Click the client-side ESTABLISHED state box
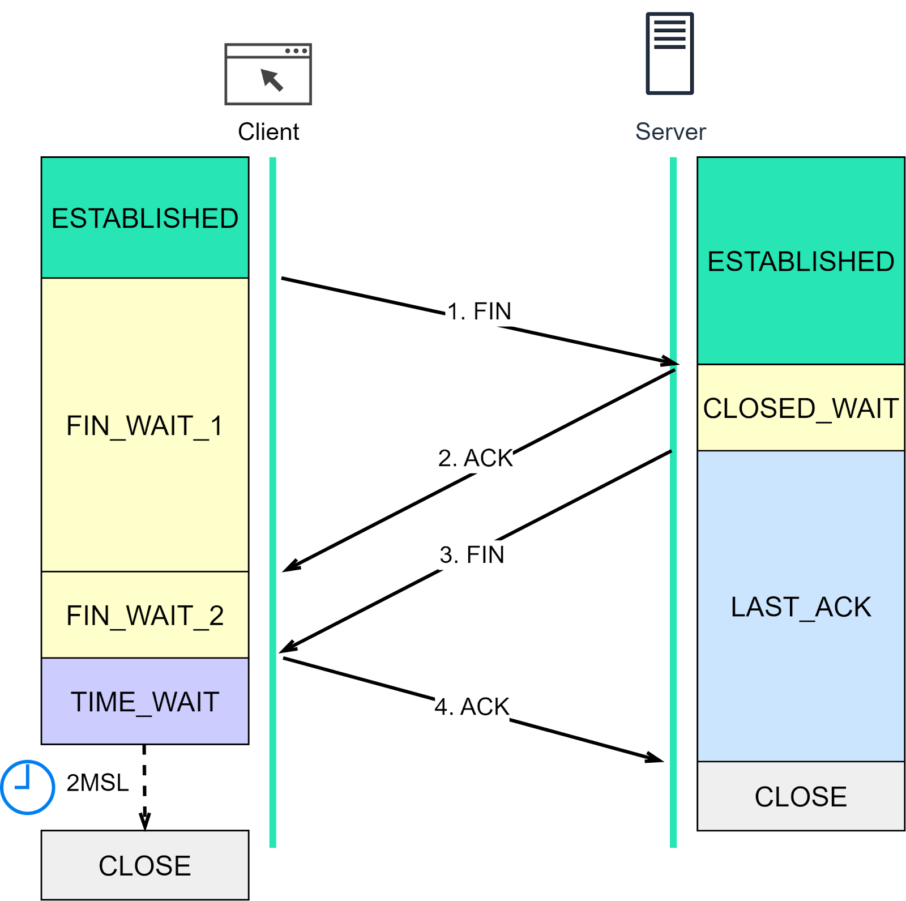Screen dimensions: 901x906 click(x=145, y=218)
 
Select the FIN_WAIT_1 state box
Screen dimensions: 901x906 click(x=145, y=425)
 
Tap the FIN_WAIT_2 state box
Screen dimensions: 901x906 click(x=145, y=615)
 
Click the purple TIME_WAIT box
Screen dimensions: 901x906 click(x=145, y=701)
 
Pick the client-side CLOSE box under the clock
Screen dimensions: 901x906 click(x=145, y=865)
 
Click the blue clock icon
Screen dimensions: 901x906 click(x=27, y=787)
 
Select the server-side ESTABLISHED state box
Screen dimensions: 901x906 click(x=801, y=261)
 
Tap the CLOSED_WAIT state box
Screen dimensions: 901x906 click(x=801, y=408)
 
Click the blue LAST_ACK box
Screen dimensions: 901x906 click(x=801, y=607)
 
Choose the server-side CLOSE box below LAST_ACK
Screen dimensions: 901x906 click(x=801, y=796)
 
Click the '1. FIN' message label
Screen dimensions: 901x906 click(x=479, y=311)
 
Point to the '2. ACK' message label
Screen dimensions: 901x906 click(x=476, y=458)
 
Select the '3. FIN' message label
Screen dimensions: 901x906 click(x=472, y=554)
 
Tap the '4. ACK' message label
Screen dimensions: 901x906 click(x=472, y=707)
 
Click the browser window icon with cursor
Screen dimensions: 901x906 click(x=268, y=74)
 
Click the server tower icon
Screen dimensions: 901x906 click(x=670, y=53)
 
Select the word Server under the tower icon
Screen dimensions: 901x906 click(x=670, y=131)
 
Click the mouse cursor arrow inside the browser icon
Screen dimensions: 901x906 click(x=272, y=80)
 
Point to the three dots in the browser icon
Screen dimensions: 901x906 click(x=296, y=51)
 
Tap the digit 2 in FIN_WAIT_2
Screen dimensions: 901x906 click(x=216, y=615)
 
